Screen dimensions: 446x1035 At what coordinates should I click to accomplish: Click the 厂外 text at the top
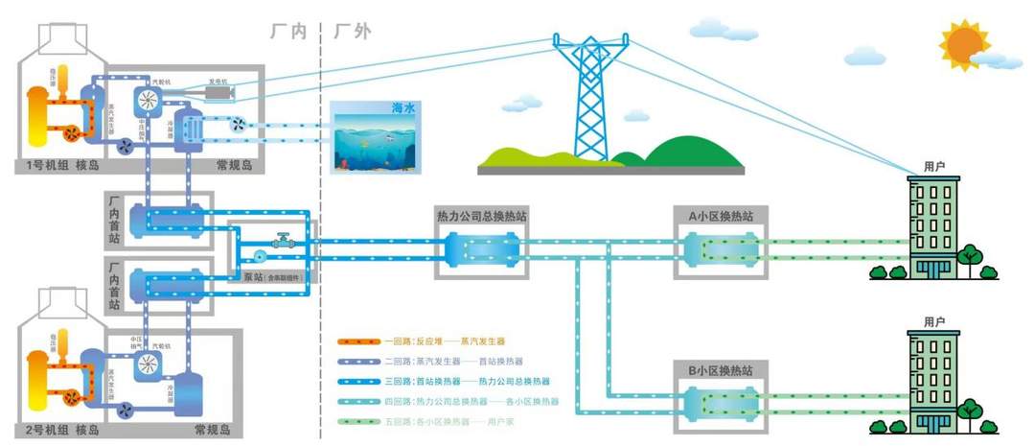coord(352,32)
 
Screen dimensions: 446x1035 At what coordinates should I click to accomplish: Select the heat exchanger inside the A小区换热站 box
coord(719,250)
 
